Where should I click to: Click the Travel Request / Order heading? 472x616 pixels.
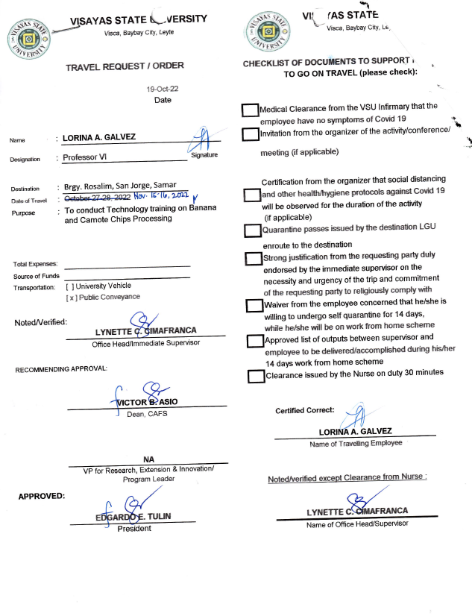125,66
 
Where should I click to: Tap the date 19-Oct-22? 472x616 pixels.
163,89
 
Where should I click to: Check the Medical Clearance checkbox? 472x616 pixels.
251,110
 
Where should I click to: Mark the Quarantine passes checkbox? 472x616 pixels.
251,230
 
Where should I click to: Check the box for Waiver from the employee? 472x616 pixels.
254,306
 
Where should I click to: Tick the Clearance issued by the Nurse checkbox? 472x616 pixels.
255,376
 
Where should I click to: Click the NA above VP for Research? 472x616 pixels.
148,459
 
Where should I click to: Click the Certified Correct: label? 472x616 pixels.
305,410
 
